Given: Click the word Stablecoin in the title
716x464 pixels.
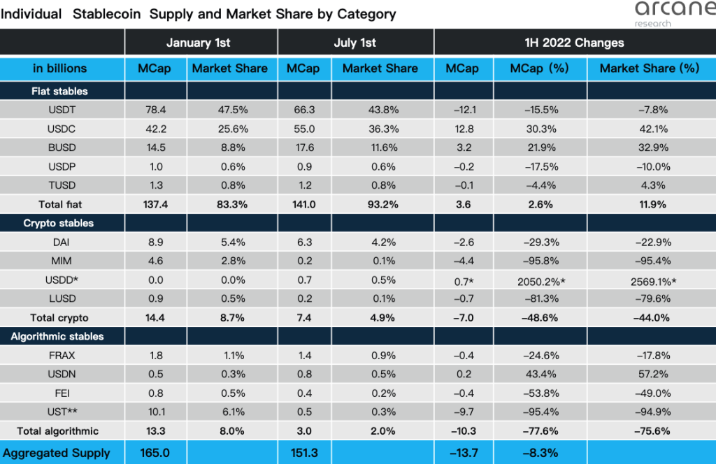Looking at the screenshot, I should click(x=111, y=13).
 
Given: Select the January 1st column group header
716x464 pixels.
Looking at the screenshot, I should click(x=199, y=43).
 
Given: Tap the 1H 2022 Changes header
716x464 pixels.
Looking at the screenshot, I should click(x=574, y=43).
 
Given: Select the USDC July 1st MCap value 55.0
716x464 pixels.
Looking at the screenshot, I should click(x=303, y=129).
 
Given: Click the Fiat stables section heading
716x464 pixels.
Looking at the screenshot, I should click(x=59, y=91).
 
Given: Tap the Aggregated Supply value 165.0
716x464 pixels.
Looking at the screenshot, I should click(x=156, y=452).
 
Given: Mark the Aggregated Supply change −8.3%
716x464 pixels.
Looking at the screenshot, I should click(x=539, y=452).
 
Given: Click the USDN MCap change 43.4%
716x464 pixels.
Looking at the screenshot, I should click(x=539, y=374).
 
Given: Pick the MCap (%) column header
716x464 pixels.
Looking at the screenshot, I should click(x=539, y=68).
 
